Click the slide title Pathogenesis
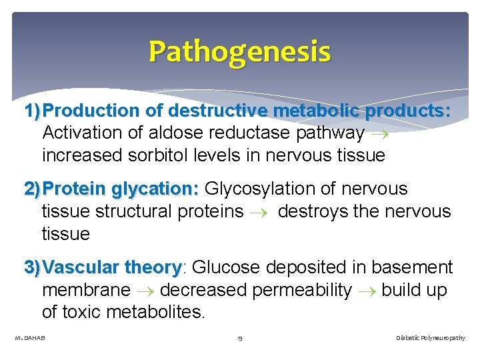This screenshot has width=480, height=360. coord(239,51)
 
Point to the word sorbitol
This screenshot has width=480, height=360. coord(167,155)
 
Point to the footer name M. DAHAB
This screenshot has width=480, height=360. coord(30,338)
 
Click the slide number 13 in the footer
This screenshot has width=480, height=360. coord(239,338)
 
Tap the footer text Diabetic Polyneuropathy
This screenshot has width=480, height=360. coord(431,338)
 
